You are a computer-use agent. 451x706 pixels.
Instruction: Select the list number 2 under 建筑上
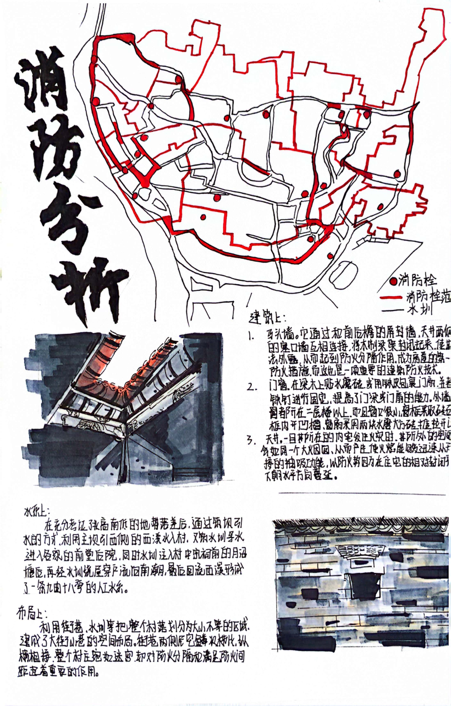(x=251, y=384)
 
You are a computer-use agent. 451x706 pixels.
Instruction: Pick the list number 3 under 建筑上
(x=251, y=439)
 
